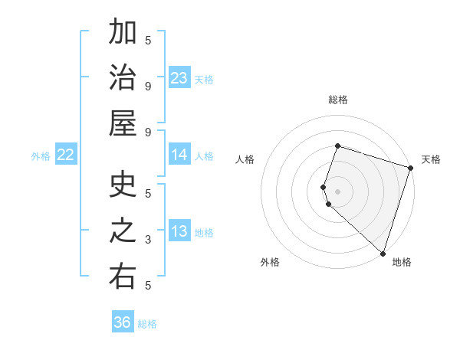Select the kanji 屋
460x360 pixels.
(123, 123)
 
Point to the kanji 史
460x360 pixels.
(123, 186)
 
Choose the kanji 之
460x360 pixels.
(123, 231)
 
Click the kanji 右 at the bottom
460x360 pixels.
(123, 277)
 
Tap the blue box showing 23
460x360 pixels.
(179, 77)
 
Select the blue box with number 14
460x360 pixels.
(179, 155)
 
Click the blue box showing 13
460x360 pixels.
(179, 231)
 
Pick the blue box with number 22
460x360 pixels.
(66, 155)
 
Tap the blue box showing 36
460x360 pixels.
(123, 322)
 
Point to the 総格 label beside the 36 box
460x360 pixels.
(147, 324)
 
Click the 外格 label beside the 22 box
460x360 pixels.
(41, 156)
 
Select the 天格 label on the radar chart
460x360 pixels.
(431, 159)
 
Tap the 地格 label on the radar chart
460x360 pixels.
(402, 262)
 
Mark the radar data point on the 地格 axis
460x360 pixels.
(383, 253)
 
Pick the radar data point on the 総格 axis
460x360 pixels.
(337, 146)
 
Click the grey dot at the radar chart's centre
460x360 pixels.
(337, 190)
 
